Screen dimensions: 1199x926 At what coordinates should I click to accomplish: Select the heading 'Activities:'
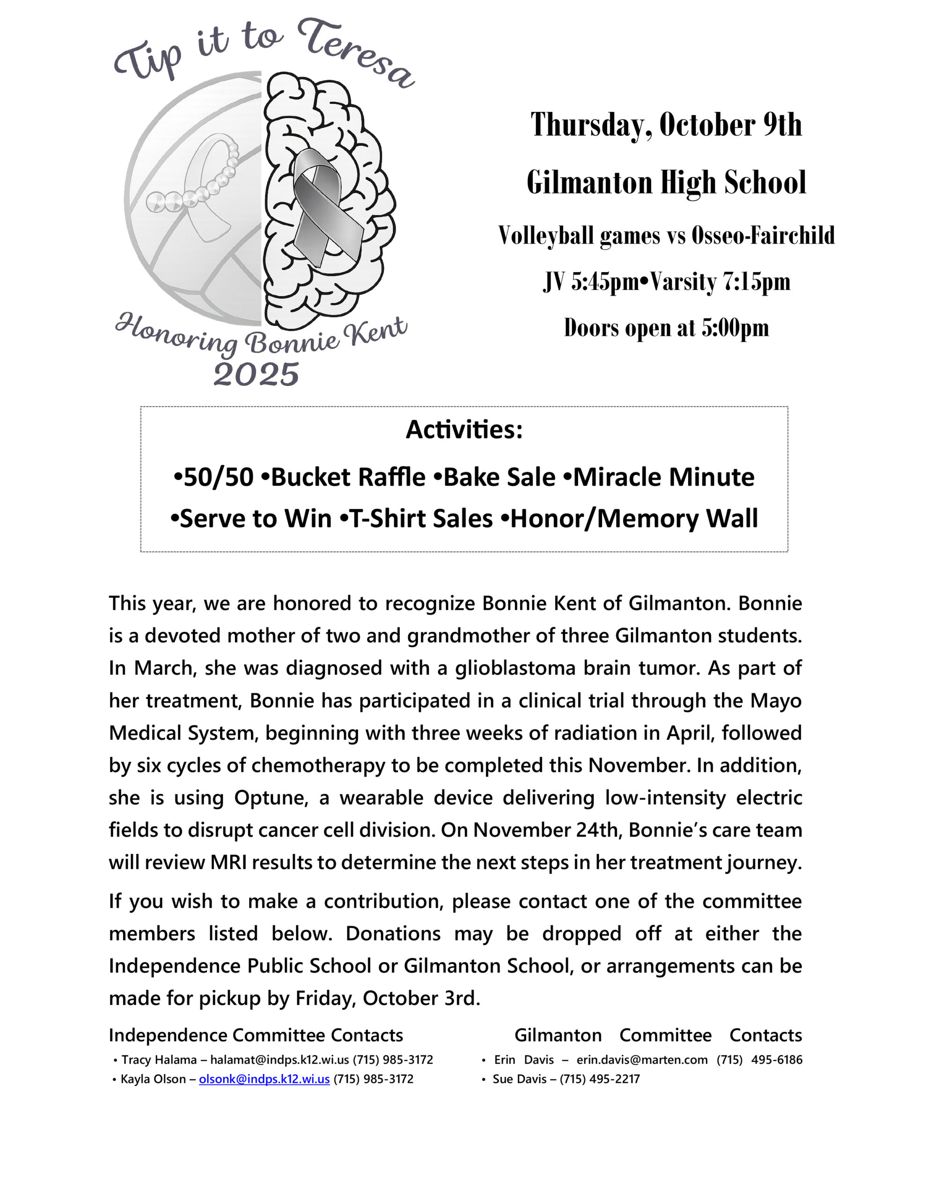pyautogui.click(x=464, y=430)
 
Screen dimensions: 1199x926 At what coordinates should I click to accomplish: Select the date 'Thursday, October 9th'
pyautogui.click(x=666, y=125)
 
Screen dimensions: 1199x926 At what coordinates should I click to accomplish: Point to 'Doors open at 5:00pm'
pyautogui.click(x=666, y=328)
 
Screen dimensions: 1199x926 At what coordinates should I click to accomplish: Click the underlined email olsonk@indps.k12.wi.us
pyautogui.click(x=264, y=1079)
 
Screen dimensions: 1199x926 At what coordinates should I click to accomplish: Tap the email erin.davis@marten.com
pyautogui.click(x=642, y=1059)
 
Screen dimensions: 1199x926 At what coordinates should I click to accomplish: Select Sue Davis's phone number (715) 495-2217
pyautogui.click(x=599, y=1079)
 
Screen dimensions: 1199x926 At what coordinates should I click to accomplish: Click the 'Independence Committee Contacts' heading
pyautogui.click(x=256, y=1035)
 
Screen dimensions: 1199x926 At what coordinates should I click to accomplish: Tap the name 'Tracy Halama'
pyautogui.click(x=159, y=1059)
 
